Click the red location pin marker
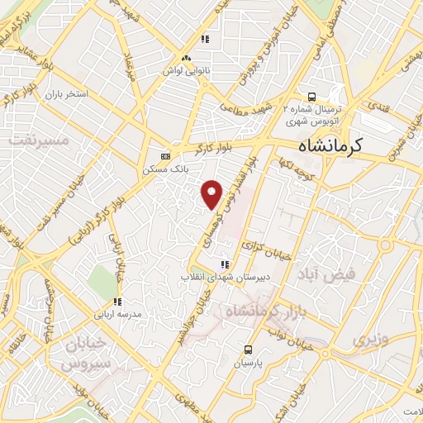(213, 192)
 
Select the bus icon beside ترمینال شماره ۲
(311, 95)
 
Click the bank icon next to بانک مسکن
(165, 155)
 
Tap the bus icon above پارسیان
(247, 349)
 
